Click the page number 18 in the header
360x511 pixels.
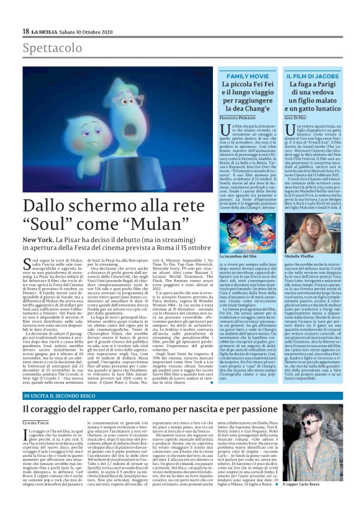[25, 31]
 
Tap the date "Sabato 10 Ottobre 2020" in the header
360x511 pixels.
[91, 32]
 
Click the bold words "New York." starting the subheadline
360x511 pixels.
[40, 238]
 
